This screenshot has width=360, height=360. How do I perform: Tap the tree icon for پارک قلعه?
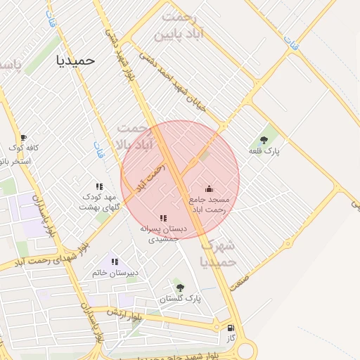[x=264, y=140]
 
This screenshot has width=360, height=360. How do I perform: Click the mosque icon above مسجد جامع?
[x=209, y=188]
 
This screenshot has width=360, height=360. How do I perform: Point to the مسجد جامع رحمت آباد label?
[x=210, y=205]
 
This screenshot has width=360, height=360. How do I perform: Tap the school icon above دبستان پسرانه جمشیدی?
[x=163, y=218]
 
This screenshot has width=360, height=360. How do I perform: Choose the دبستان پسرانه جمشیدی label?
[x=163, y=234]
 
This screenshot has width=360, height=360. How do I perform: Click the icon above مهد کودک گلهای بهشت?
[x=99, y=186]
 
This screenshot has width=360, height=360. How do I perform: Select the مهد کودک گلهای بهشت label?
[x=99, y=202]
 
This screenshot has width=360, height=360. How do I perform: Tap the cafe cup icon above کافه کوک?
[x=23, y=138]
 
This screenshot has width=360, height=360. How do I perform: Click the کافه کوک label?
[x=23, y=148]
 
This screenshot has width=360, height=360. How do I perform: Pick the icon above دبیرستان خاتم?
[x=114, y=262]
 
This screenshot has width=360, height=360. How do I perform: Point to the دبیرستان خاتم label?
[x=115, y=272]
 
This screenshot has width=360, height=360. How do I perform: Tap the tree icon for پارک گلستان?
[x=179, y=287]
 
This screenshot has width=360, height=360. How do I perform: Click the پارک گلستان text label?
[x=180, y=298]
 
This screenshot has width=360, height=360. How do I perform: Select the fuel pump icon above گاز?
[x=230, y=328]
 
